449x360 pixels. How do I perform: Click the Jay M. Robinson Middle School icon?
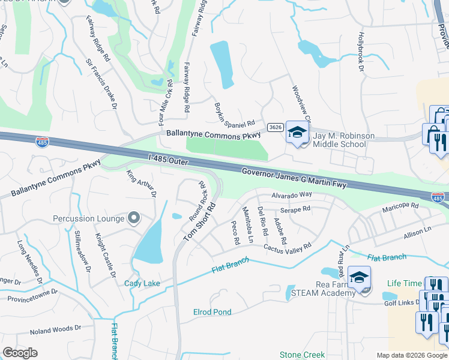coord(297,133)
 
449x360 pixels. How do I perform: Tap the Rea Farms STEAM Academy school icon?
coord(359,278)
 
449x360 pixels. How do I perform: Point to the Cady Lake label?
coord(142,283)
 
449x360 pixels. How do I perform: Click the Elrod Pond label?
coord(212,312)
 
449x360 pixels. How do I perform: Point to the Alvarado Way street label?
coord(291,195)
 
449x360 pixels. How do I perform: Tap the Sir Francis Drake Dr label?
coord(100,84)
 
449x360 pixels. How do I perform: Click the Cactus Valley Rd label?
coord(288,247)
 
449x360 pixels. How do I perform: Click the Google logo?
coord(20,353)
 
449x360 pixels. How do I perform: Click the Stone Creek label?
coord(302,355)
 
